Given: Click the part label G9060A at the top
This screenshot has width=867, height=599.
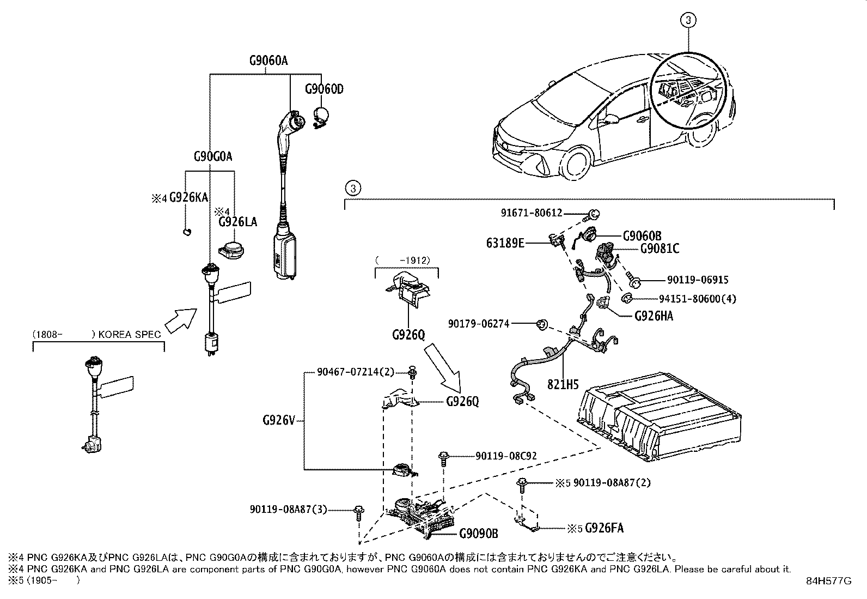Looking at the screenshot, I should click(268, 61).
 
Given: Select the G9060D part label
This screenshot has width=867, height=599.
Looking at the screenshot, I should click(324, 89).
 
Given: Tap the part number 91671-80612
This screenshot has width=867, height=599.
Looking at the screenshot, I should click(532, 214).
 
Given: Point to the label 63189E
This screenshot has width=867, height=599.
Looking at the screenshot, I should click(505, 243).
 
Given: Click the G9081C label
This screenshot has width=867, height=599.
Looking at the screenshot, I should click(660, 249).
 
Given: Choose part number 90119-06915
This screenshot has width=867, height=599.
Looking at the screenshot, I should click(698, 280).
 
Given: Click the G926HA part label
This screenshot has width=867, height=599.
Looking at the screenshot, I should click(654, 316).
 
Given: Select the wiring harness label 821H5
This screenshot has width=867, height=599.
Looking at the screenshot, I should click(563, 384).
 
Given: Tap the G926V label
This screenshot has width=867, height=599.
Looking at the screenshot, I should click(278, 420).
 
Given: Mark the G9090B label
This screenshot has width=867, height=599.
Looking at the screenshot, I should click(479, 534).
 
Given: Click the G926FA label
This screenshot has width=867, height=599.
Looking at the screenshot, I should click(604, 528).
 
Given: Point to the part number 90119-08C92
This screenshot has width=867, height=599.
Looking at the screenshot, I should click(506, 456).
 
